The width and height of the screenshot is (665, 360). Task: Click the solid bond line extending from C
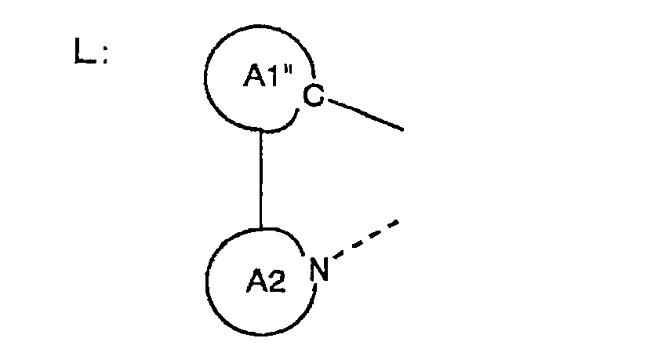point(364,113)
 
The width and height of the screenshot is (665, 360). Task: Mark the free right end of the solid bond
point(402,128)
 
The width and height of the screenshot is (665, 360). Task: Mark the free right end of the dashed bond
point(399,223)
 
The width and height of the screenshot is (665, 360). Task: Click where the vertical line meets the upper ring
point(260,129)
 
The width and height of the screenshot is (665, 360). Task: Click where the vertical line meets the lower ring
point(260,228)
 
